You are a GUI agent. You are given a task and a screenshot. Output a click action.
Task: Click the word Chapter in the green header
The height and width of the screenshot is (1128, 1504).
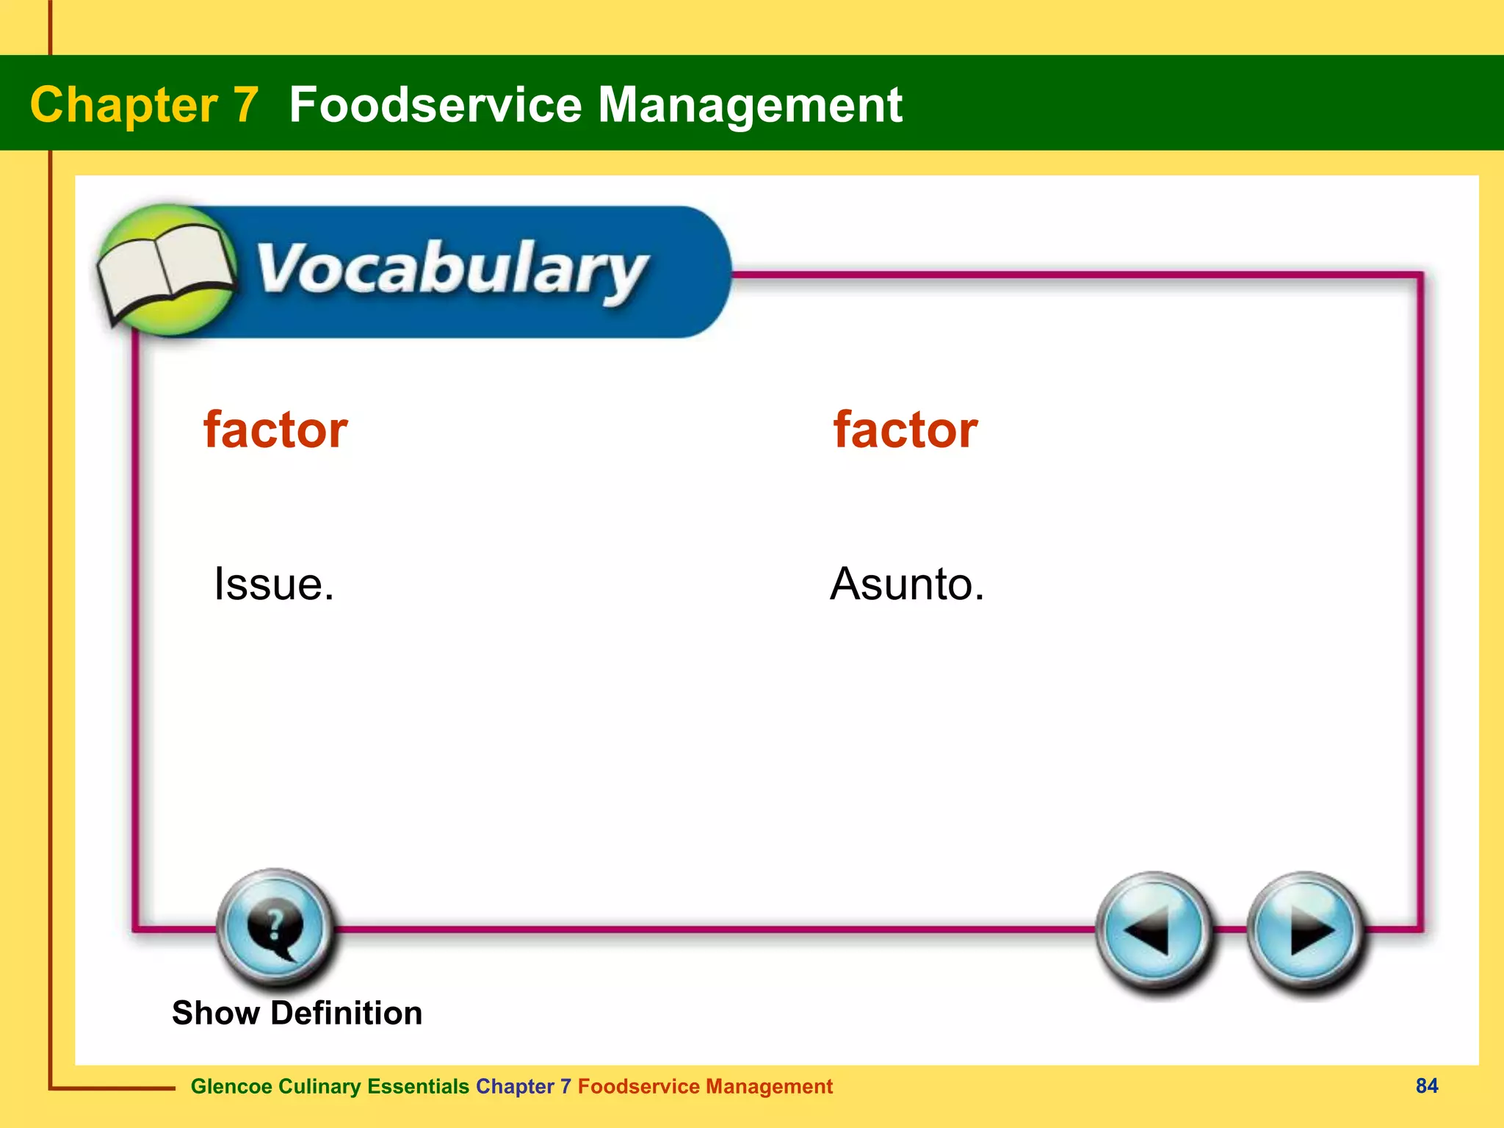(x=123, y=105)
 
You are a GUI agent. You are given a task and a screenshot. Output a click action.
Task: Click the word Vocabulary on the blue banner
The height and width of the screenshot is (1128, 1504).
(x=452, y=270)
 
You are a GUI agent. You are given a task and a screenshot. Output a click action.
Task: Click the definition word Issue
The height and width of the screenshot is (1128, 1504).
(x=273, y=585)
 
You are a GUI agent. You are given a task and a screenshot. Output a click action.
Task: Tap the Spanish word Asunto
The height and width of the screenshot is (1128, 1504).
(x=906, y=585)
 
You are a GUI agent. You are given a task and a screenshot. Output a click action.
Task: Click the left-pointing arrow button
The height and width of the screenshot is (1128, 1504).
(x=1152, y=931)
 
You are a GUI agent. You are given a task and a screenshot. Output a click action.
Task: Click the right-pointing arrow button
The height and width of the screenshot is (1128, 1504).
(x=1306, y=931)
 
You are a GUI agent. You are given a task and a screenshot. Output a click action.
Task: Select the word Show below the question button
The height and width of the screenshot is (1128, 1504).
(x=215, y=1013)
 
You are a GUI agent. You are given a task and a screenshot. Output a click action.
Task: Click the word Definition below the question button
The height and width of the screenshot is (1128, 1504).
(x=346, y=1013)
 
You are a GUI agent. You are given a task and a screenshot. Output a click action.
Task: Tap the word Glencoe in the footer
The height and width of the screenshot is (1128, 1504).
(x=231, y=1086)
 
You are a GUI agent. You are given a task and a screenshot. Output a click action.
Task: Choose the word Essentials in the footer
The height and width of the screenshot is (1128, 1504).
(x=418, y=1086)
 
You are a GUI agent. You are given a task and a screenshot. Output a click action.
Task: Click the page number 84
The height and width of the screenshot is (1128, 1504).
(x=1426, y=1085)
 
